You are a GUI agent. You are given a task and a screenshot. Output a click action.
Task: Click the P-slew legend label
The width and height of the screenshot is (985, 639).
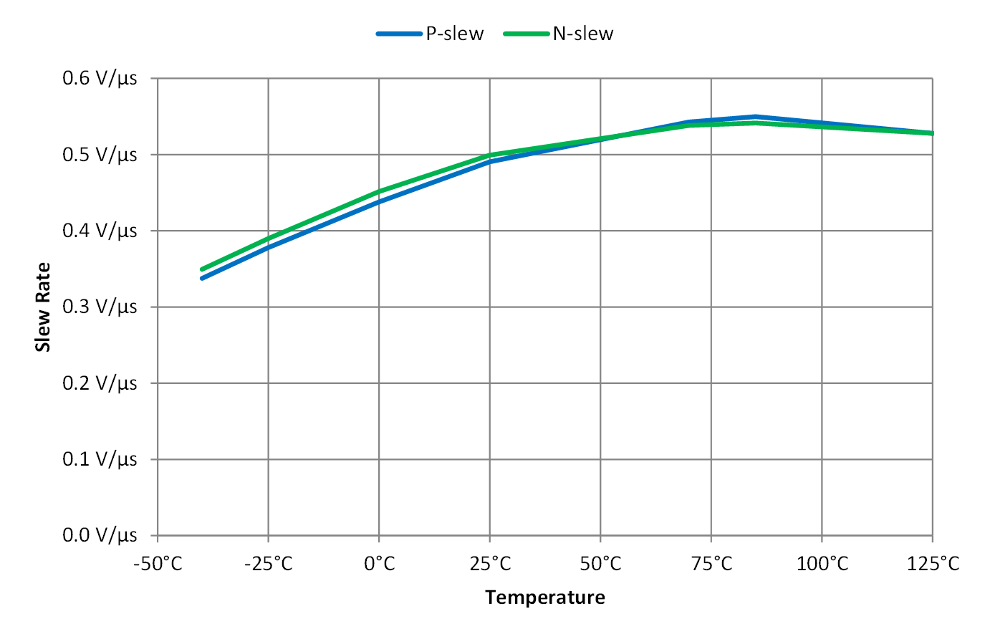454,34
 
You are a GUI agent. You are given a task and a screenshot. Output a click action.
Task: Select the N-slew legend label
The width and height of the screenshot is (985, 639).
582,34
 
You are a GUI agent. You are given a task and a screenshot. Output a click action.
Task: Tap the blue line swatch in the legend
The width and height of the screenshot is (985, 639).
398,34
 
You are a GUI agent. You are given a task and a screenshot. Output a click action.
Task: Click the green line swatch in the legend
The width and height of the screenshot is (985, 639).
526,34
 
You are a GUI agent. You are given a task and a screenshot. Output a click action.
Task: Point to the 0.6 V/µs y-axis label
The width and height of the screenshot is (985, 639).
100,77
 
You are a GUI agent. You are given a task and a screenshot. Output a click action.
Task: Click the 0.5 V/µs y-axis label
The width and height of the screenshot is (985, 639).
100,154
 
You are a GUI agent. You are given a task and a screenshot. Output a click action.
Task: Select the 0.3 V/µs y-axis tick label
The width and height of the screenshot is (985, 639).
100,307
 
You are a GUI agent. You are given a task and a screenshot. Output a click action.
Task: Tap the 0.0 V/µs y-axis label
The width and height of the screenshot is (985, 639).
100,535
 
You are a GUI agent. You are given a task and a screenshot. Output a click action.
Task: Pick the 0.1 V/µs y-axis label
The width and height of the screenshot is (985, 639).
100,458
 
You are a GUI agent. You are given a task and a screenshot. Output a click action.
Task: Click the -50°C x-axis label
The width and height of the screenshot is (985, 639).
158,564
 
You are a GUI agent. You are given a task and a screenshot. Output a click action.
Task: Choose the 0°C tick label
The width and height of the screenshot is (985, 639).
380,564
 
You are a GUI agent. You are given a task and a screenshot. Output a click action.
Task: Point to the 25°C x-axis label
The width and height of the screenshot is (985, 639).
490,564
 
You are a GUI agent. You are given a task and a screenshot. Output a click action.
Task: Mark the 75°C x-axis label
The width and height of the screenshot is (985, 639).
711,564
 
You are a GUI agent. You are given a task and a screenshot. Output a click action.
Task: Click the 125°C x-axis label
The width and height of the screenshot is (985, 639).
933,564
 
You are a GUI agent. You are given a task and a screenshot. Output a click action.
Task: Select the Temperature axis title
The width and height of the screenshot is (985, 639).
544,597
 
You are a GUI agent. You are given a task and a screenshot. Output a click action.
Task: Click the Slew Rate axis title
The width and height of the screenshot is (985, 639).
44,307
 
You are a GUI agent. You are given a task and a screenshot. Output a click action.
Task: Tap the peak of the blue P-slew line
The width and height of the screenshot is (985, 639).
755,116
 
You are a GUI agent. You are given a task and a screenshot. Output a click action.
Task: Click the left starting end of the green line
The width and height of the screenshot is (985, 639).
202,269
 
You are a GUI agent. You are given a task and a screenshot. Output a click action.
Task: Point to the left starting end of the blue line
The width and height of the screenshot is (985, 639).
202,278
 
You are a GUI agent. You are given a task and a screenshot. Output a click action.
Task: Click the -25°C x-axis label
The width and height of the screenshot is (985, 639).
269,564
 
